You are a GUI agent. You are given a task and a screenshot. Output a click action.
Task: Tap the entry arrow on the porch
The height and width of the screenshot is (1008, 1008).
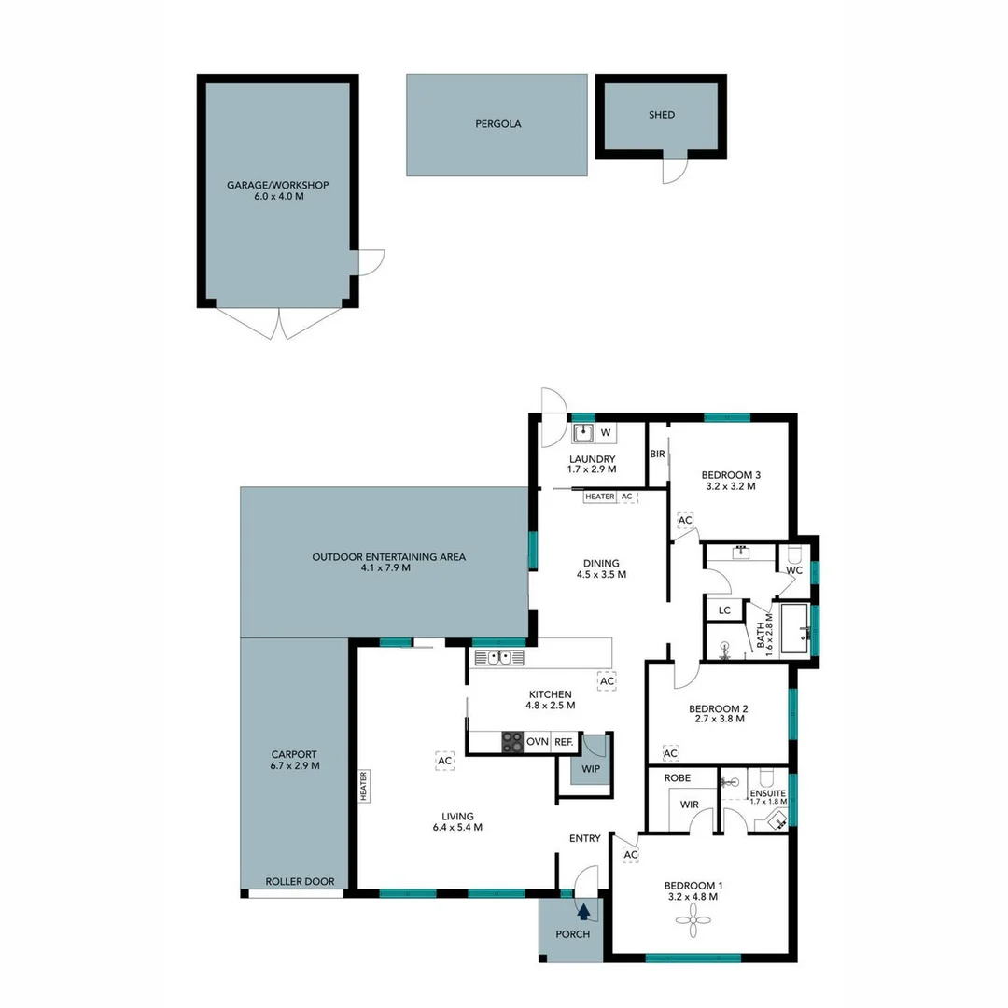[584, 912]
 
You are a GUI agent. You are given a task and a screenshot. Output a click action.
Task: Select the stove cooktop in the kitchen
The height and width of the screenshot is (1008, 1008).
[512, 742]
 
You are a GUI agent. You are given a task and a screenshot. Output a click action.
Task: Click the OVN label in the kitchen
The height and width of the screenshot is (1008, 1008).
[538, 742]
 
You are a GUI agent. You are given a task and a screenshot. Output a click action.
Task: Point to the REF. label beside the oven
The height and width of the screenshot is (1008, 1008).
[564, 742]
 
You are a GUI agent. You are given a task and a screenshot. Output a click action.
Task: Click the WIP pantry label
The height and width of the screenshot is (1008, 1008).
[590, 770]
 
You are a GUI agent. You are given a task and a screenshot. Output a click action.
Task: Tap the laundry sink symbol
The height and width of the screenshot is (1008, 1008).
[583, 432]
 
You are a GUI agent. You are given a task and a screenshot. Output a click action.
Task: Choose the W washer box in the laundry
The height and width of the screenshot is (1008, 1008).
[605, 432]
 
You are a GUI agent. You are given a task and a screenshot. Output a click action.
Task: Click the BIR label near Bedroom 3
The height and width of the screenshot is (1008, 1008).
[656, 455]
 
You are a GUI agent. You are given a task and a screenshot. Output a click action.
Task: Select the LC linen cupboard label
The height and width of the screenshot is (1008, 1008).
[724, 610]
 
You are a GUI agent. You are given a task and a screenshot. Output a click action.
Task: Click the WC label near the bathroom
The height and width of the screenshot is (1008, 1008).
[794, 569]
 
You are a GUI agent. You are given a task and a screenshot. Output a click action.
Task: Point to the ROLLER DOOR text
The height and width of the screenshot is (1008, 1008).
[300, 881]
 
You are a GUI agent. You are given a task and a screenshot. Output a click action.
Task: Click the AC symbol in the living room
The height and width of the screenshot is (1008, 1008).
[444, 762]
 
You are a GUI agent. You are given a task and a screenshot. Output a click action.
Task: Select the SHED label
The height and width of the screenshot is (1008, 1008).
[661, 115]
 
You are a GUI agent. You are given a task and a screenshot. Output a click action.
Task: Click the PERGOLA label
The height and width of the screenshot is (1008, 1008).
[497, 123]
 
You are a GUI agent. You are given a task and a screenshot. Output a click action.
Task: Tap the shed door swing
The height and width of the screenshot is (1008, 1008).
[675, 171]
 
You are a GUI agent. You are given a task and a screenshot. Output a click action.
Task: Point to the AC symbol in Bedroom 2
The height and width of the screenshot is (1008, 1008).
[670, 752]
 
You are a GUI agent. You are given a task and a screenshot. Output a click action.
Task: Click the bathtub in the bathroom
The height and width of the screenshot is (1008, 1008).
[794, 630]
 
